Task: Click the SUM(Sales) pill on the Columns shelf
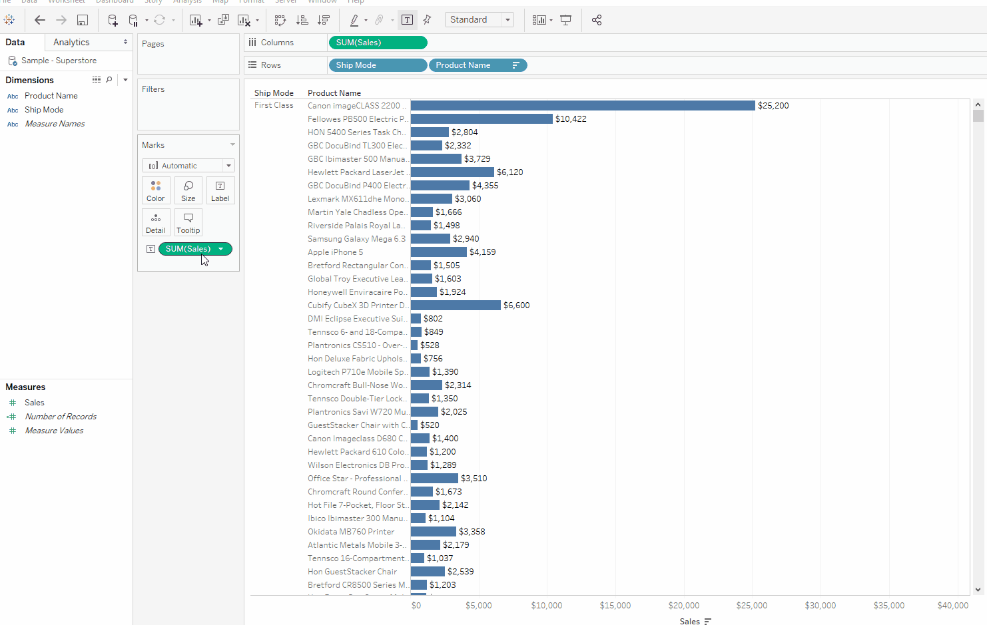tap(377, 43)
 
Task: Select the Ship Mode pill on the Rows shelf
tap(377, 65)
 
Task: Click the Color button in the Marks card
tap(156, 190)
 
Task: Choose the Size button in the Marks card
tap(188, 190)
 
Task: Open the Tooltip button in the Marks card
tap(188, 222)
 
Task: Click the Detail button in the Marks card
tap(156, 222)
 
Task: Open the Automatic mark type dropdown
tap(188, 166)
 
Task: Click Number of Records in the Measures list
tap(61, 417)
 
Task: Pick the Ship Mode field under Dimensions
tap(44, 110)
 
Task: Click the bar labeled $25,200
tap(583, 106)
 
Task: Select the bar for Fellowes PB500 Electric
tap(482, 119)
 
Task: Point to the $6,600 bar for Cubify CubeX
tap(456, 306)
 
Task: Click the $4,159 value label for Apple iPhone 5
tap(483, 252)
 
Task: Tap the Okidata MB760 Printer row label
tap(351, 532)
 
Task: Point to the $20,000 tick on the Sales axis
tap(684, 605)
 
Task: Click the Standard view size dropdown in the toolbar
tap(480, 20)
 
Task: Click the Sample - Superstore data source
tap(59, 61)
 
